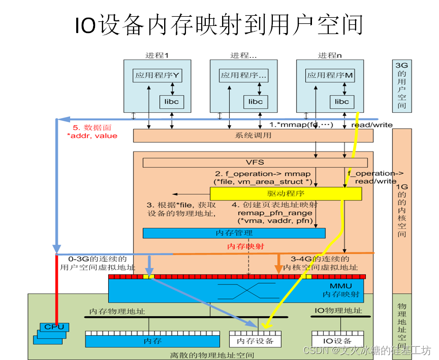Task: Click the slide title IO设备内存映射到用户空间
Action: [x=219, y=25]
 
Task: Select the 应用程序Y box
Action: [x=158, y=76]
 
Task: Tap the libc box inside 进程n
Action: [x=342, y=102]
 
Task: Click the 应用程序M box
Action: [x=330, y=76]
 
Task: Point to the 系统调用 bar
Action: [x=253, y=136]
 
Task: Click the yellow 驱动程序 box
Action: [x=286, y=194]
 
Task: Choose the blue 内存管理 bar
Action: [x=234, y=233]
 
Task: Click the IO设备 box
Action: [x=338, y=340]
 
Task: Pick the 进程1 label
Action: [x=156, y=55]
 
